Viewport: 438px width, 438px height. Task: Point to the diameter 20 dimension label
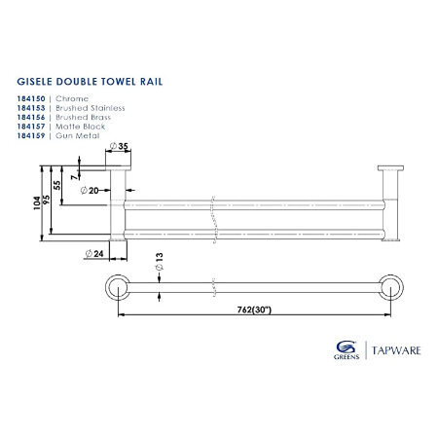pos(93,191)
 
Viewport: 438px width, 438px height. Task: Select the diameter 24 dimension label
pos(95,253)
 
